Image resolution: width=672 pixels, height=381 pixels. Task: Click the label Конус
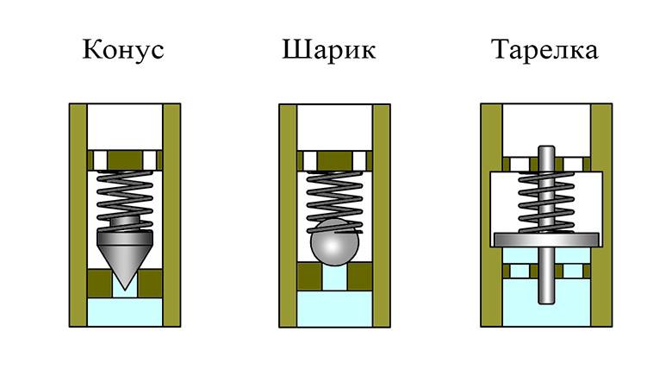pos(123,50)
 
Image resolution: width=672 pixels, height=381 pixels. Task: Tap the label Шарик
pos(328,50)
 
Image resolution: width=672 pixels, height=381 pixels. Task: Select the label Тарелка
pos(544,50)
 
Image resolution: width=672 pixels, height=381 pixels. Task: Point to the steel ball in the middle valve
pos(333,245)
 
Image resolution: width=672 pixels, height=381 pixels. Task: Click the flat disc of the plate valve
pos(545,238)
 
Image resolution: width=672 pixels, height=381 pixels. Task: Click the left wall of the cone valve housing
pos(77,215)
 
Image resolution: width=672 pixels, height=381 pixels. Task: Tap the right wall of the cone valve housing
pos(171,215)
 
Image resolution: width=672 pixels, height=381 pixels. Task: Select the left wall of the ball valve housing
pos(288,215)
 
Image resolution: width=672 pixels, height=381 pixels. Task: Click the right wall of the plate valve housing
pos(602,215)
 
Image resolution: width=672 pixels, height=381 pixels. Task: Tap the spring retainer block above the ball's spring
pos(333,159)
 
